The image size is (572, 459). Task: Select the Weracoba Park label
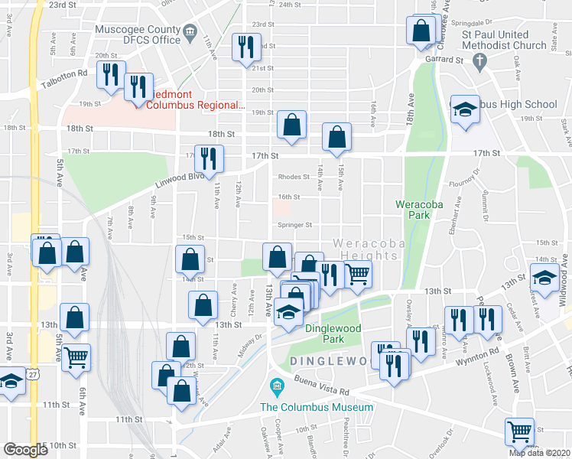415,209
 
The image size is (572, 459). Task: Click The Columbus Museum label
317,407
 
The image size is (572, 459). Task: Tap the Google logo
24,450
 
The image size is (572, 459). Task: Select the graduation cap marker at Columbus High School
464,110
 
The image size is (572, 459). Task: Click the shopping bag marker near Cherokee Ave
421,31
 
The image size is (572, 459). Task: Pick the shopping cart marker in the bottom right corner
519,431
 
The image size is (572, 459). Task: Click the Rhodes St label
293,177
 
